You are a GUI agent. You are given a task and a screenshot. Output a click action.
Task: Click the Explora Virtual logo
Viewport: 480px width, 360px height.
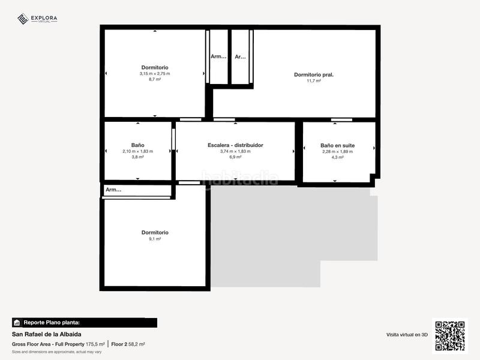coord(37,19)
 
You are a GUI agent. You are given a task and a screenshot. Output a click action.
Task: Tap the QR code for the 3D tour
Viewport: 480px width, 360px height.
coord(449,335)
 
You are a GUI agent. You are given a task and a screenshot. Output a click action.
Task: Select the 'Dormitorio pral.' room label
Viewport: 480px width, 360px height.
coord(313,75)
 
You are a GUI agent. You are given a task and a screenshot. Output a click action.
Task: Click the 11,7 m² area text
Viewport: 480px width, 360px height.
coord(313,81)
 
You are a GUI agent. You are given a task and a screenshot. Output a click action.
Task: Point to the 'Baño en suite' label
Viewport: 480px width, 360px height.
coord(337,145)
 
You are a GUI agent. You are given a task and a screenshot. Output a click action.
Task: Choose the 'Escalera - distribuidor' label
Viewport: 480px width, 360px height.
coord(235,145)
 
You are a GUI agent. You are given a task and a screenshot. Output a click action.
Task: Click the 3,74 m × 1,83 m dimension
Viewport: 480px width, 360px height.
coord(235,151)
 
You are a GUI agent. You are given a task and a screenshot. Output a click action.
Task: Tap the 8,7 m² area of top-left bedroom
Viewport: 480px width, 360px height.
coord(155,79)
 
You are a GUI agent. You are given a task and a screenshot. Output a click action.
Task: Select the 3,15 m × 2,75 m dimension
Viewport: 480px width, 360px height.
coord(155,73)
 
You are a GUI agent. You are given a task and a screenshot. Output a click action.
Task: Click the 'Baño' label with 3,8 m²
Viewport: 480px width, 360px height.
coord(137,145)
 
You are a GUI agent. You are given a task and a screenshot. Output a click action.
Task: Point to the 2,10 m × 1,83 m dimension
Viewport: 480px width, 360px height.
coord(137,151)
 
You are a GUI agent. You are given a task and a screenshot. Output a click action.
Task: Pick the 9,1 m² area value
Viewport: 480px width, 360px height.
coord(155,238)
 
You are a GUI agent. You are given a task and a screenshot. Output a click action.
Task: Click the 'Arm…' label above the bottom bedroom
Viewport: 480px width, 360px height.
coord(113,190)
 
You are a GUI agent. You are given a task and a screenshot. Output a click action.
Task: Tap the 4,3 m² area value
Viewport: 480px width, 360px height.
coord(337,157)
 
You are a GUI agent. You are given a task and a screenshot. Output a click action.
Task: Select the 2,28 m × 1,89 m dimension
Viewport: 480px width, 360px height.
coord(337,151)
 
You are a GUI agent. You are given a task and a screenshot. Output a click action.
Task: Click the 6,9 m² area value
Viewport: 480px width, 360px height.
coord(235,157)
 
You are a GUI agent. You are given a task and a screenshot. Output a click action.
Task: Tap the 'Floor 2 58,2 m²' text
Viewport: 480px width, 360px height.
coord(128,344)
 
